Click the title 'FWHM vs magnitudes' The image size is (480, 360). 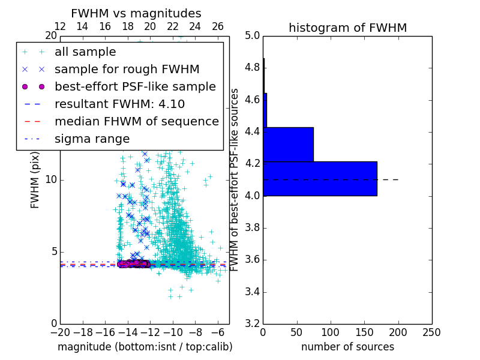[x=136, y=13]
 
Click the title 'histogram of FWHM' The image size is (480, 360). [x=347, y=28]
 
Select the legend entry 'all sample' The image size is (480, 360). [x=85, y=52]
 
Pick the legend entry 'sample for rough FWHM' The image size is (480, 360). [x=127, y=69]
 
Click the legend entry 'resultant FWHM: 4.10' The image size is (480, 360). [x=119, y=104]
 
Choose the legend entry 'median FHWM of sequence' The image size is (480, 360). [x=136, y=121]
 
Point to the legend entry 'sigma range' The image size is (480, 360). [x=92, y=139]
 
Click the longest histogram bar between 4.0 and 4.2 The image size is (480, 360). [x=320, y=178]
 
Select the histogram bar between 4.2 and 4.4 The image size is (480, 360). [x=288, y=144]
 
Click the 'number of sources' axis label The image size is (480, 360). [x=347, y=347]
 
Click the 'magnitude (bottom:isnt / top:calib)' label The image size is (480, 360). [x=145, y=347]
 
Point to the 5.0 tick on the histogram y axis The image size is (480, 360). [x=253, y=35]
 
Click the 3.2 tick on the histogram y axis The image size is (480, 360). [x=253, y=323]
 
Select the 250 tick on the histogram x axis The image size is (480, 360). [x=431, y=332]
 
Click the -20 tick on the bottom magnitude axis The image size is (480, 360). [x=60, y=332]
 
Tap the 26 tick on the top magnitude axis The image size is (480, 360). [x=218, y=26]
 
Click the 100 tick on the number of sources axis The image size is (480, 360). [x=331, y=332]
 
